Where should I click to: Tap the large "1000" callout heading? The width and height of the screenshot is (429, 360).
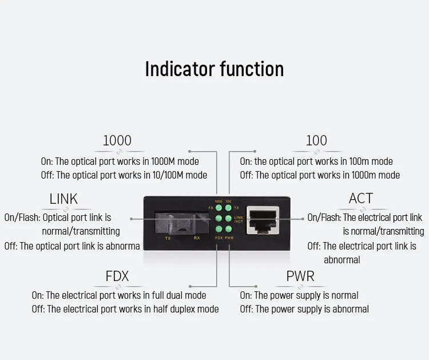tap(117, 140)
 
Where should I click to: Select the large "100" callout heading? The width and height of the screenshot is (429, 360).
tap(316, 140)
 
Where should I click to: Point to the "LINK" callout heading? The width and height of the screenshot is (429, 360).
tap(63, 199)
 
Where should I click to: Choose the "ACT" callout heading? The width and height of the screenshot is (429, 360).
tap(361, 199)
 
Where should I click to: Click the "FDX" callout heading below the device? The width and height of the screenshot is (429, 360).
tap(117, 276)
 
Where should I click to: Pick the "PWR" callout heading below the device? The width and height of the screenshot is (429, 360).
tap(300, 276)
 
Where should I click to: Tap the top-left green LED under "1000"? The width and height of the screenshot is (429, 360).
tap(218, 208)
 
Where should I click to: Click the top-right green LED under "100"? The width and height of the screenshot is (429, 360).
tap(228, 208)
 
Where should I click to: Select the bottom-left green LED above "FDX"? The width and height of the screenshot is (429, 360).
tap(218, 229)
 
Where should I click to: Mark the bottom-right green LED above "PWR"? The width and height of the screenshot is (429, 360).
tap(228, 229)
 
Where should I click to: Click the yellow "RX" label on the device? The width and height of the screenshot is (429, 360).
tap(196, 237)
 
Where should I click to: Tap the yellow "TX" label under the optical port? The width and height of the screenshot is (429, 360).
tap(168, 237)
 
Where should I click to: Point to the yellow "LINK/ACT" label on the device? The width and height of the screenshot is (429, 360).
tap(239, 219)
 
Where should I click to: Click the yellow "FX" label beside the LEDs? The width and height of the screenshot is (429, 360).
tap(210, 208)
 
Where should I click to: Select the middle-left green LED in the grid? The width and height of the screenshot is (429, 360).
tap(218, 219)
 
